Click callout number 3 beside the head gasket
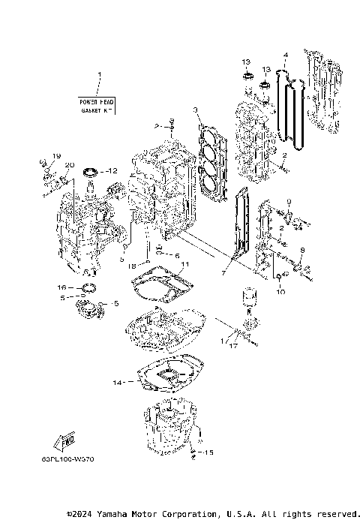[195, 110]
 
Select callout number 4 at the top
[286, 55]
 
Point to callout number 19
[55, 156]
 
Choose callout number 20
[68, 165]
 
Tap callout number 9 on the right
[286, 201]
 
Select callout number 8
[302, 250]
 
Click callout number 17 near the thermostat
[234, 346]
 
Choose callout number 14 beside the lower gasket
[116, 383]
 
